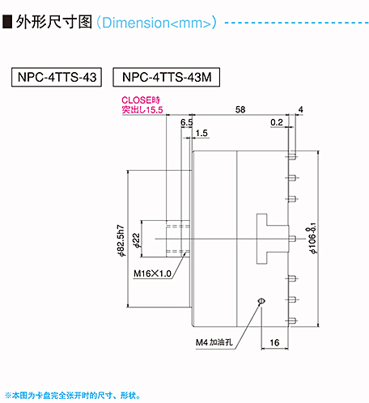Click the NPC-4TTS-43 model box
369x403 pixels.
[57, 77]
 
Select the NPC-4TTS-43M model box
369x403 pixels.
[166, 77]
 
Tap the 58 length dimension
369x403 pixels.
[240, 109]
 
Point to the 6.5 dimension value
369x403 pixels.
[186, 122]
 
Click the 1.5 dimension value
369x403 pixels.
[201, 134]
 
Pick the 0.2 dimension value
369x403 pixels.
[277, 122]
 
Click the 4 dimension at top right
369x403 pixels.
[300, 109]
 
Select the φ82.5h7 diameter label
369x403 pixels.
[121, 240]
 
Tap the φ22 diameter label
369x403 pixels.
[137, 240]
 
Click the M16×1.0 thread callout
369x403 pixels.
[152, 274]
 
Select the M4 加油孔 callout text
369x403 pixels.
[214, 342]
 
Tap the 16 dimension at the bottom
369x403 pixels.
[274, 342]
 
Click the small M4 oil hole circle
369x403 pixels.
[261, 301]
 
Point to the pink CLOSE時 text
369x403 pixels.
[141, 100]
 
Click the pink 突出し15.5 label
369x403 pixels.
[142, 109]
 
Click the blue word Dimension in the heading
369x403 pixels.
[136, 23]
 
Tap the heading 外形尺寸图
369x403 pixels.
[53, 22]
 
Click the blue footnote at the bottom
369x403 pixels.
[73, 396]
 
